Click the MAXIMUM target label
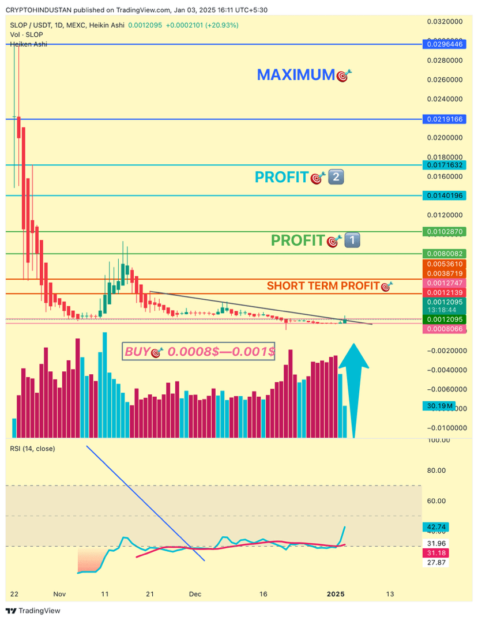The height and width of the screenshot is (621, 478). pyautogui.click(x=304, y=75)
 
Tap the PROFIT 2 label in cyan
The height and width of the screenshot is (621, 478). pyautogui.click(x=299, y=178)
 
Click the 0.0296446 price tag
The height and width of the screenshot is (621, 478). pyautogui.click(x=444, y=44)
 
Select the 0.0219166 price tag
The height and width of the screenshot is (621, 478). pyautogui.click(x=444, y=119)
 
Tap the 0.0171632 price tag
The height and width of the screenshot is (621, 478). pyautogui.click(x=444, y=165)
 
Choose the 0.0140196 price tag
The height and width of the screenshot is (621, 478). pyautogui.click(x=444, y=195)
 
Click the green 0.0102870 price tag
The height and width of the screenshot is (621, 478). pyautogui.click(x=444, y=232)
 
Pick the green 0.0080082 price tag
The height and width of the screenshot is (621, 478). pyautogui.click(x=444, y=253)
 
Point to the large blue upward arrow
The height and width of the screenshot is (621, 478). pyautogui.click(x=353, y=386)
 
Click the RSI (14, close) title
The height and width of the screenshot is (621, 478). pyautogui.click(x=32, y=448)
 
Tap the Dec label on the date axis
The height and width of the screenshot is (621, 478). pyautogui.click(x=195, y=593)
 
